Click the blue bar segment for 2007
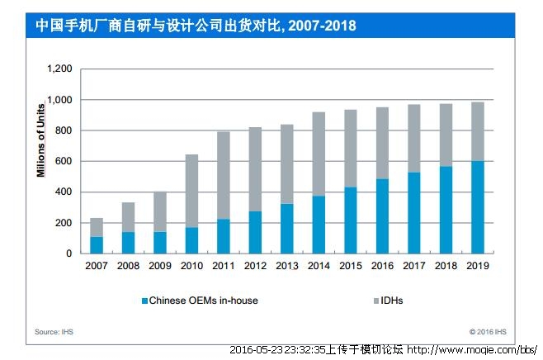point(97,244)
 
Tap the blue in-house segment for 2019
point(476,206)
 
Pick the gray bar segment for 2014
point(318,154)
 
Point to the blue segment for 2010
point(191,239)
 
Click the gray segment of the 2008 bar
point(128,217)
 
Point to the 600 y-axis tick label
point(64,161)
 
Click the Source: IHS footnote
point(54,332)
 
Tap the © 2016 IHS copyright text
point(488,332)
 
